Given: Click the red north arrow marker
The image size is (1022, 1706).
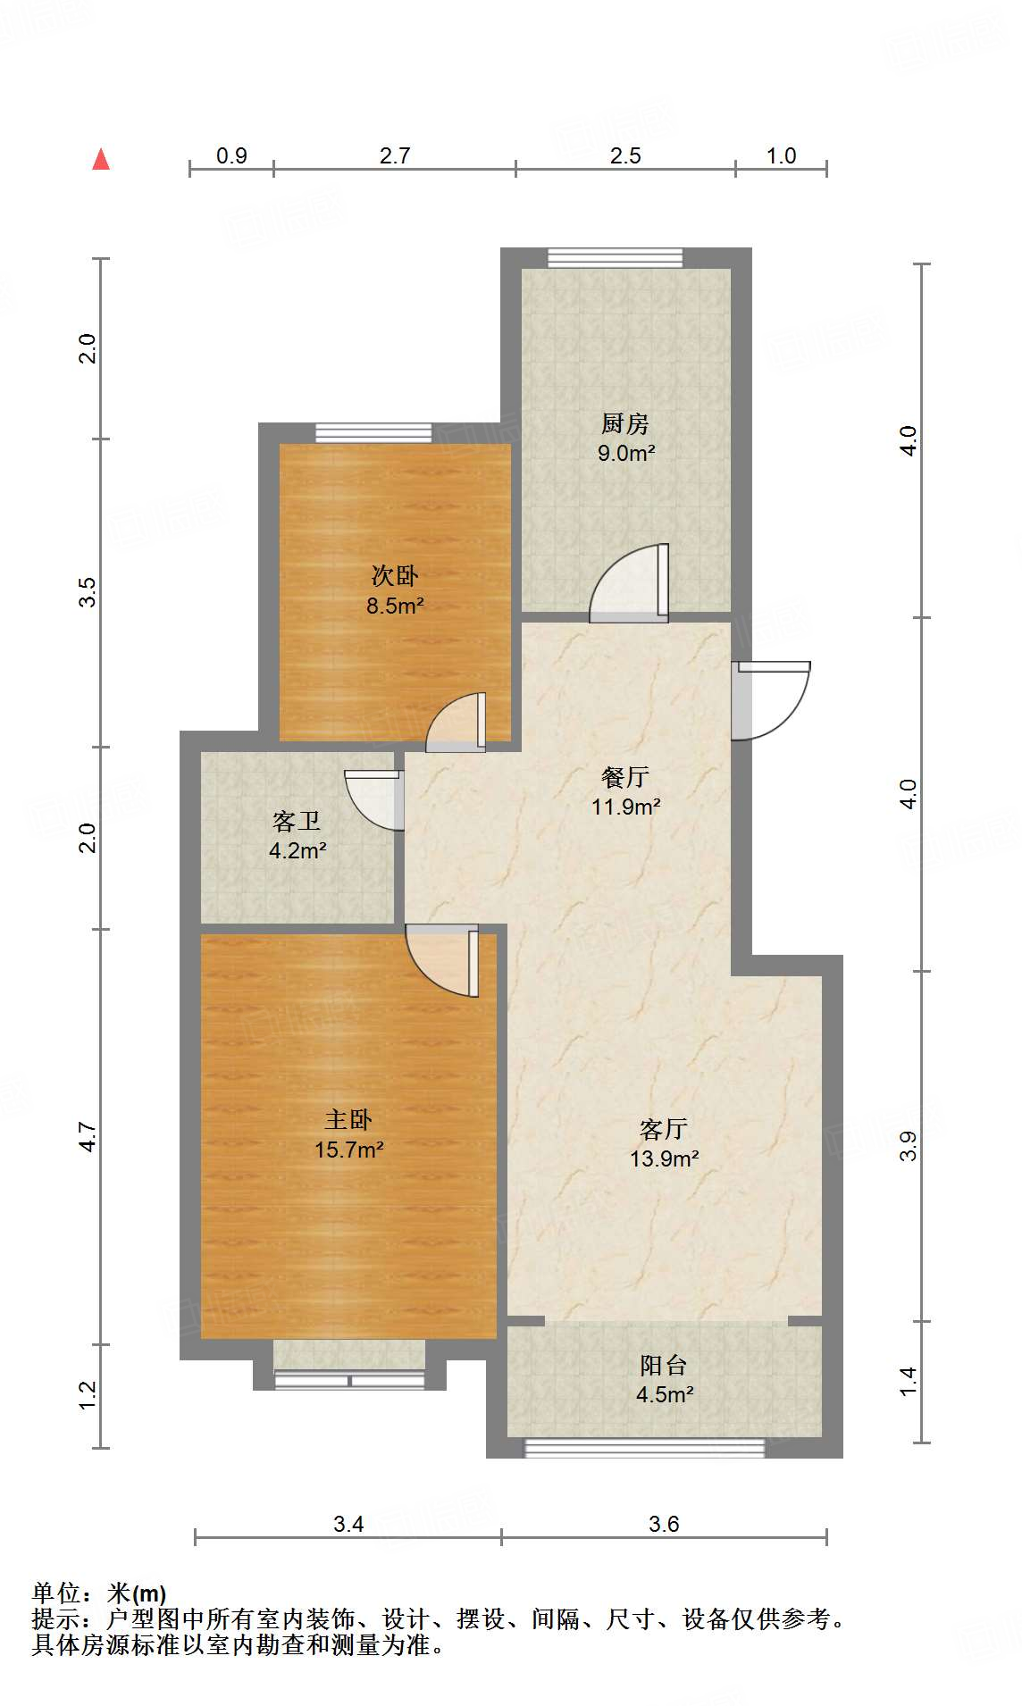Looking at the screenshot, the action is tap(101, 160).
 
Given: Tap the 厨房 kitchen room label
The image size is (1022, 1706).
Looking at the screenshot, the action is tap(624, 423).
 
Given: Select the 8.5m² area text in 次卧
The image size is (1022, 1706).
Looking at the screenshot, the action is tap(395, 606).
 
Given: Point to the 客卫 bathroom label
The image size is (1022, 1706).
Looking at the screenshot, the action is tap(296, 821).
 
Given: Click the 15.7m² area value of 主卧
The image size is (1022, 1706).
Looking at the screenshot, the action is tap(348, 1150).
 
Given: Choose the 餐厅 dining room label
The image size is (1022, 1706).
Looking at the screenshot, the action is tap(624, 777).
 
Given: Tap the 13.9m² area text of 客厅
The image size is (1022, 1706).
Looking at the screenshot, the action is tap(664, 1158).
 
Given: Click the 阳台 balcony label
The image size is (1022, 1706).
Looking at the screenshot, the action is tap(664, 1365).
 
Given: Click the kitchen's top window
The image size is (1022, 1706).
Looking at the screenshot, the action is tap(615, 257).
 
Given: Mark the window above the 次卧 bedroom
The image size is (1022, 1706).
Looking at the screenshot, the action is tap(373, 433).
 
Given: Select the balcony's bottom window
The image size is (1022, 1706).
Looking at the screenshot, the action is tap(643, 1447).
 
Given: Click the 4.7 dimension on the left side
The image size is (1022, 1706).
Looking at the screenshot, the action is tap(87, 1137).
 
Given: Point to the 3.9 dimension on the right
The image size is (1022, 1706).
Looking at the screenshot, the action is tap(908, 1146).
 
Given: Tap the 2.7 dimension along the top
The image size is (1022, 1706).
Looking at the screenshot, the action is tap(395, 155).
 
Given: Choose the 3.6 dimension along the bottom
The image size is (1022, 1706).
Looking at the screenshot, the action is tap(664, 1524).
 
